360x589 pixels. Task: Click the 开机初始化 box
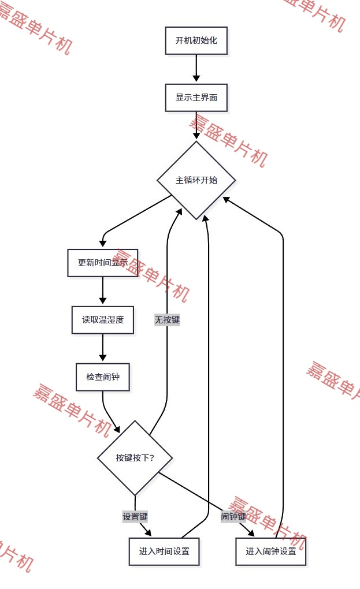196,40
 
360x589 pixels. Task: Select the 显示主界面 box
196,98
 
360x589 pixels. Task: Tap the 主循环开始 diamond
196,180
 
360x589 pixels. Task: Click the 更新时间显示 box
103,263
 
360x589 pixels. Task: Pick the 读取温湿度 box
103,320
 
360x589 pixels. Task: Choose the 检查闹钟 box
103,377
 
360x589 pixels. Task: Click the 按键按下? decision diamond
135,458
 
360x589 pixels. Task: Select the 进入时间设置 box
164,551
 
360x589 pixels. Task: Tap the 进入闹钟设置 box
270,551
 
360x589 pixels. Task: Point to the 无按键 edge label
167,319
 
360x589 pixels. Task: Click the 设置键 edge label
135,516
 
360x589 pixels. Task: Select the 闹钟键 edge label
233,516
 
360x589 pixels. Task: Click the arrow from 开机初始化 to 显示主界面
196,68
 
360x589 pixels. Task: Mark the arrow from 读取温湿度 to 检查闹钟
103,348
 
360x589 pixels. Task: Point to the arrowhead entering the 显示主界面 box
196,79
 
